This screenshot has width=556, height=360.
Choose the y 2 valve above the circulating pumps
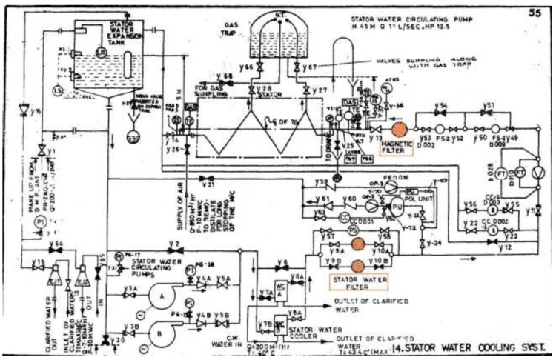point(175,250)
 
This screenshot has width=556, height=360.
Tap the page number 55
point(535,10)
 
